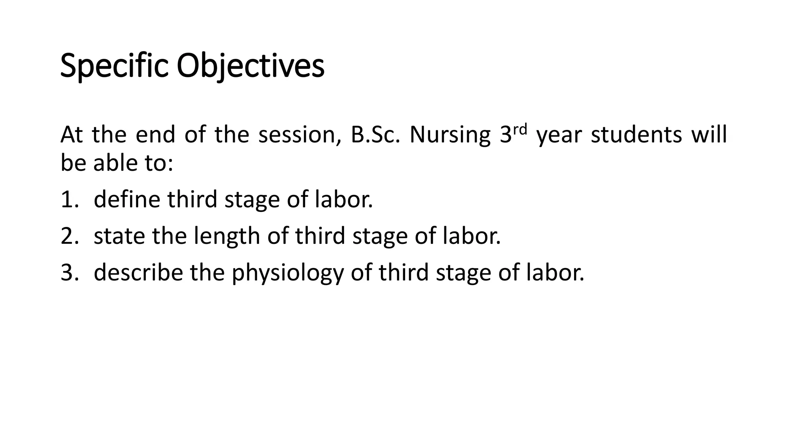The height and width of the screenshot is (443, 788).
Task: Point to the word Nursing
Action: [x=449, y=135]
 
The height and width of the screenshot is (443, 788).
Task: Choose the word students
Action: [x=636, y=135]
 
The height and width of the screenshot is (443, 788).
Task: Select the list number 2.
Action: [x=67, y=236]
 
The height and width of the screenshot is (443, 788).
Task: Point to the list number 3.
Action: [x=67, y=273]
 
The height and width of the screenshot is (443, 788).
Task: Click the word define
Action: [x=127, y=200]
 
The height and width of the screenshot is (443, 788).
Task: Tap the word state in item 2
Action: [x=119, y=236]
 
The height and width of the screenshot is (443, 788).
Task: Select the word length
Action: [x=227, y=236]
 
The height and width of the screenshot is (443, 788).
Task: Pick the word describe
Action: [x=138, y=273]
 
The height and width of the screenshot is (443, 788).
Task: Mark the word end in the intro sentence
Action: [x=155, y=135]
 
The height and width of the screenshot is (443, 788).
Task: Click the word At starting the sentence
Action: [x=72, y=135]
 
